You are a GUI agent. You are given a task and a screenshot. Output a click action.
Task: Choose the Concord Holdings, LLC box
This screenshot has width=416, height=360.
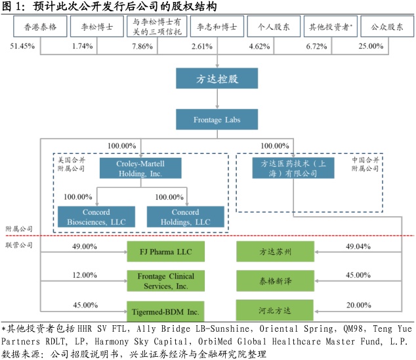click(185, 217)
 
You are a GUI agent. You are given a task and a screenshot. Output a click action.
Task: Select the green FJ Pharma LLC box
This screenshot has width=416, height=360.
click(165, 250)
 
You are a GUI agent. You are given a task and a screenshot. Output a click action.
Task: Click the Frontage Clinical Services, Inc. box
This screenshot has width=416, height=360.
click(165, 281)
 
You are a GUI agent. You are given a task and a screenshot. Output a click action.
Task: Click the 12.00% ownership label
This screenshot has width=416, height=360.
click(85, 275)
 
